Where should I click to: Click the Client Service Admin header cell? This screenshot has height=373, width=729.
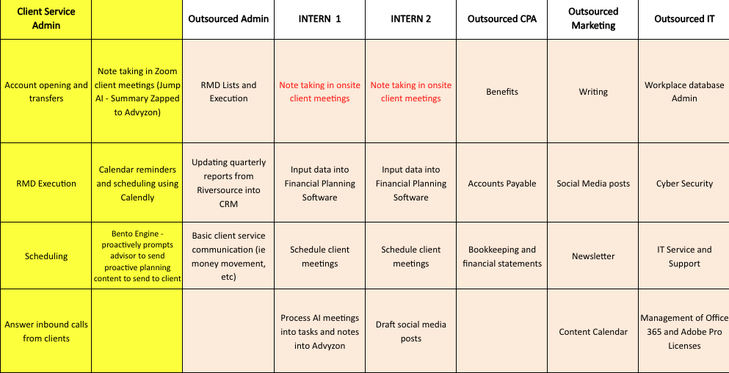click(46, 19)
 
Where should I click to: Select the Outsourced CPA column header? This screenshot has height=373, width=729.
click(502, 19)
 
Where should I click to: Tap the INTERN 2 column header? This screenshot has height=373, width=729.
click(411, 19)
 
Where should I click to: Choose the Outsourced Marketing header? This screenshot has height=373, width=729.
click(593, 19)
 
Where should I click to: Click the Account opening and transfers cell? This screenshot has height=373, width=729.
click(46, 92)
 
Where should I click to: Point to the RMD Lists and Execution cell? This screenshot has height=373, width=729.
click(228, 92)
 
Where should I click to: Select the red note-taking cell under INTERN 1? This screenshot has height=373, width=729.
click(319, 92)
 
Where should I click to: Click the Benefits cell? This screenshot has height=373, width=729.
click(502, 92)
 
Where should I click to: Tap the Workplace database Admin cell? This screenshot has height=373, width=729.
click(684, 92)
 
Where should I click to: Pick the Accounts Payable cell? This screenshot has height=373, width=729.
click(502, 184)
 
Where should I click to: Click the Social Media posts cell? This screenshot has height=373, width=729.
click(593, 184)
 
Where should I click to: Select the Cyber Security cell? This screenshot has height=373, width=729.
click(684, 184)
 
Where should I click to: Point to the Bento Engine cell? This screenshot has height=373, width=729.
click(137, 256)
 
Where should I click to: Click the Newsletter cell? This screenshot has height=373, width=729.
click(593, 256)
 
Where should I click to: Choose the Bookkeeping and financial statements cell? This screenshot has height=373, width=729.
click(502, 256)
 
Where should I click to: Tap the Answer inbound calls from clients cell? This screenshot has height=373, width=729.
click(46, 331)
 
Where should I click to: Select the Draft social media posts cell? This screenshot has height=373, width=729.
click(411, 331)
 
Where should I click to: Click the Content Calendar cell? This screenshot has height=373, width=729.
click(593, 332)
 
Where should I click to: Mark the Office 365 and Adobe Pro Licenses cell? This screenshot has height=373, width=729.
click(684, 332)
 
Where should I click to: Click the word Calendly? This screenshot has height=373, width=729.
click(137, 198)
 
